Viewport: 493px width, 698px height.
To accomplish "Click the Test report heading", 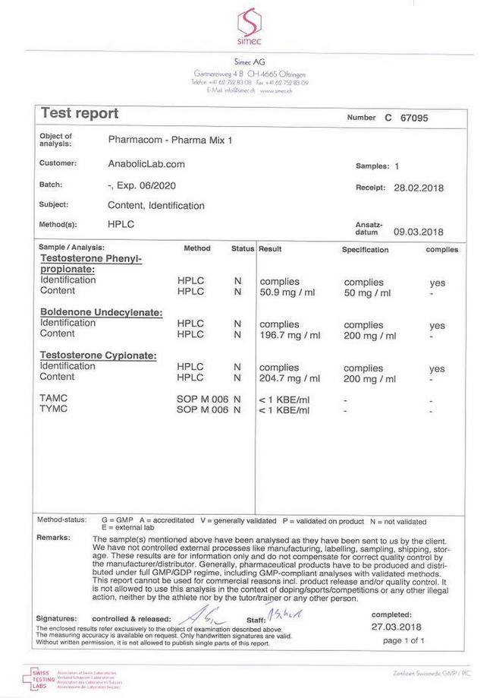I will pos(80,114).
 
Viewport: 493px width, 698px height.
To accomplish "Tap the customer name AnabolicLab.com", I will pos(146,164).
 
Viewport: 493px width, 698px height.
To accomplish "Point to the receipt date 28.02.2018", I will pos(418,188).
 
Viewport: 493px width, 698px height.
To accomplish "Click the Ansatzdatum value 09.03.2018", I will pos(418,232).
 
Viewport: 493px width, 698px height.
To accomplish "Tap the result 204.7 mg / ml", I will pos(290,377).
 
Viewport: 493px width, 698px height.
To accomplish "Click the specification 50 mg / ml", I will pos(367,293).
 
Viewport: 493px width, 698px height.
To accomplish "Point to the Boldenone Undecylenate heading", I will pos(100,312).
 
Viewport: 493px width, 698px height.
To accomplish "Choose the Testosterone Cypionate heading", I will pos(98,355).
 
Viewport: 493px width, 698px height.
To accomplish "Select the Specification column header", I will pos(365,249).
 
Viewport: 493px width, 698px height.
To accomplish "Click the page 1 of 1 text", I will pos(404,641).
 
